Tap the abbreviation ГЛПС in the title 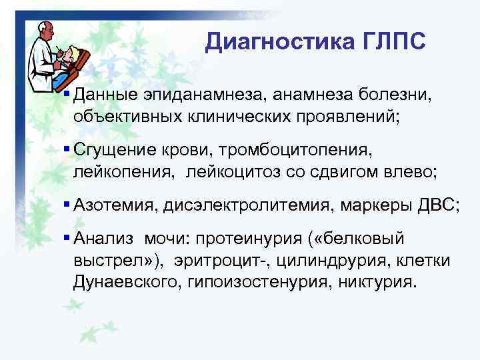393,42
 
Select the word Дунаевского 124,281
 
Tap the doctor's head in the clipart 45,29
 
